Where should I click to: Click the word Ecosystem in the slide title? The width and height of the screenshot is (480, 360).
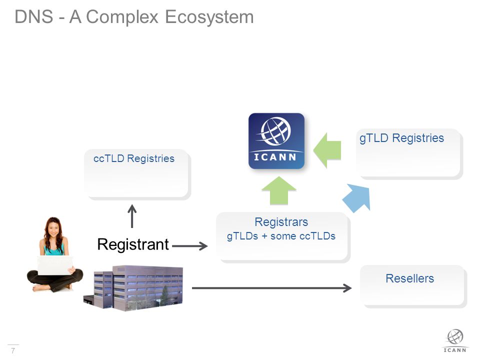[209, 17]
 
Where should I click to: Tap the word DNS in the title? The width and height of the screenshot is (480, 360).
[33, 16]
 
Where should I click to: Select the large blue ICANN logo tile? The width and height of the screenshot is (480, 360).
[276, 141]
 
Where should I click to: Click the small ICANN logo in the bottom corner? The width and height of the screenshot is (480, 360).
[455, 341]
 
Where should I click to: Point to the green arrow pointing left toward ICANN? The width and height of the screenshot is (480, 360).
[327, 150]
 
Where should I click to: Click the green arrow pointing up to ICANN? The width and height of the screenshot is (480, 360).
[279, 190]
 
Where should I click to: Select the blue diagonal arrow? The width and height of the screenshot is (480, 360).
[357, 198]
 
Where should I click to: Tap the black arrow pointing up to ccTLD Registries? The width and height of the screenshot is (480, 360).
[132, 216]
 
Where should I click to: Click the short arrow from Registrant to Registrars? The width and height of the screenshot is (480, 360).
[190, 246]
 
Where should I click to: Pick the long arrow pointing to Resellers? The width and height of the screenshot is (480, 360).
[271, 288]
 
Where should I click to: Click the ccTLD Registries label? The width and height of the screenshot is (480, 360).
[134, 158]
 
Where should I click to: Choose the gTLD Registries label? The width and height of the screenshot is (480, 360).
[401, 138]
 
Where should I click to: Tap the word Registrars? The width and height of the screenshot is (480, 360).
[281, 222]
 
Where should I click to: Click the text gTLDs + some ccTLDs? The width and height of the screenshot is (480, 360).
[281, 236]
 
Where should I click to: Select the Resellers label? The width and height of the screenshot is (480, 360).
[409, 278]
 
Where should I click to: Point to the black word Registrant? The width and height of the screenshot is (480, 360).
[133, 244]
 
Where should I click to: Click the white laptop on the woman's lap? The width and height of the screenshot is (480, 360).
[55, 265]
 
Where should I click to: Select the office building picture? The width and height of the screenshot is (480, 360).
[133, 288]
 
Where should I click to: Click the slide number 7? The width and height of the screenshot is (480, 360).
[13, 350]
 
